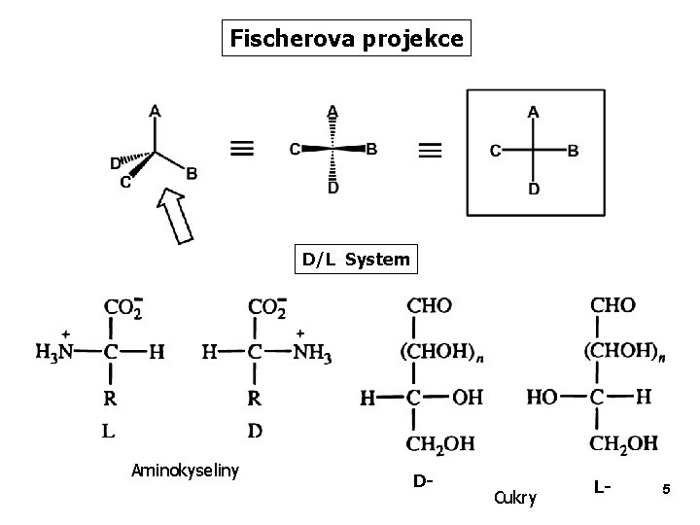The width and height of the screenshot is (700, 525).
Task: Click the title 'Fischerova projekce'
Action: pos(347,40)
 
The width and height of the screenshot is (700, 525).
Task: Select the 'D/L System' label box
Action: pos(356,261)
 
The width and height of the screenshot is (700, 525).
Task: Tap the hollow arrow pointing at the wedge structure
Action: pos(175,216)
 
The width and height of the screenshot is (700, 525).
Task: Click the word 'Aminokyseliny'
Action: pos(186,472)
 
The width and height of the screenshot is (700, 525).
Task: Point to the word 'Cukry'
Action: pos(514,498)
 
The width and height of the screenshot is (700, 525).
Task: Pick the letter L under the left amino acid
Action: pos(107,430)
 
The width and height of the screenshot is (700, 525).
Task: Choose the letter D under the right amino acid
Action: pos(254,430)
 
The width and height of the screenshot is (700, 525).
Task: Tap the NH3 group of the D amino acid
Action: pos(313,354)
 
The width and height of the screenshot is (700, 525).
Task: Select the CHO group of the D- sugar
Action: pos(429,306)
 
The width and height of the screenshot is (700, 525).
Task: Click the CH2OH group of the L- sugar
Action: pos(623,443)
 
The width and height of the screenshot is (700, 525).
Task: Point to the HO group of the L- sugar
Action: pos(542,398)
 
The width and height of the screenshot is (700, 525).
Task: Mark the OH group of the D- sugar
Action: pos(469,398)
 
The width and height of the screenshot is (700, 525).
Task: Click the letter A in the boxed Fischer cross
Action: pos(533,112)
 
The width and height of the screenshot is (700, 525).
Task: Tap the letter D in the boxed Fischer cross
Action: pos(533,189)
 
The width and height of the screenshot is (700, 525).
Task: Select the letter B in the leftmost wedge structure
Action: pos(192,173)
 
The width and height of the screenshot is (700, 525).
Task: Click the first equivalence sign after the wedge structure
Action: pos(243,149)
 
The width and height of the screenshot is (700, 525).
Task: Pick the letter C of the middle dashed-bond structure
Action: pos(295,149)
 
